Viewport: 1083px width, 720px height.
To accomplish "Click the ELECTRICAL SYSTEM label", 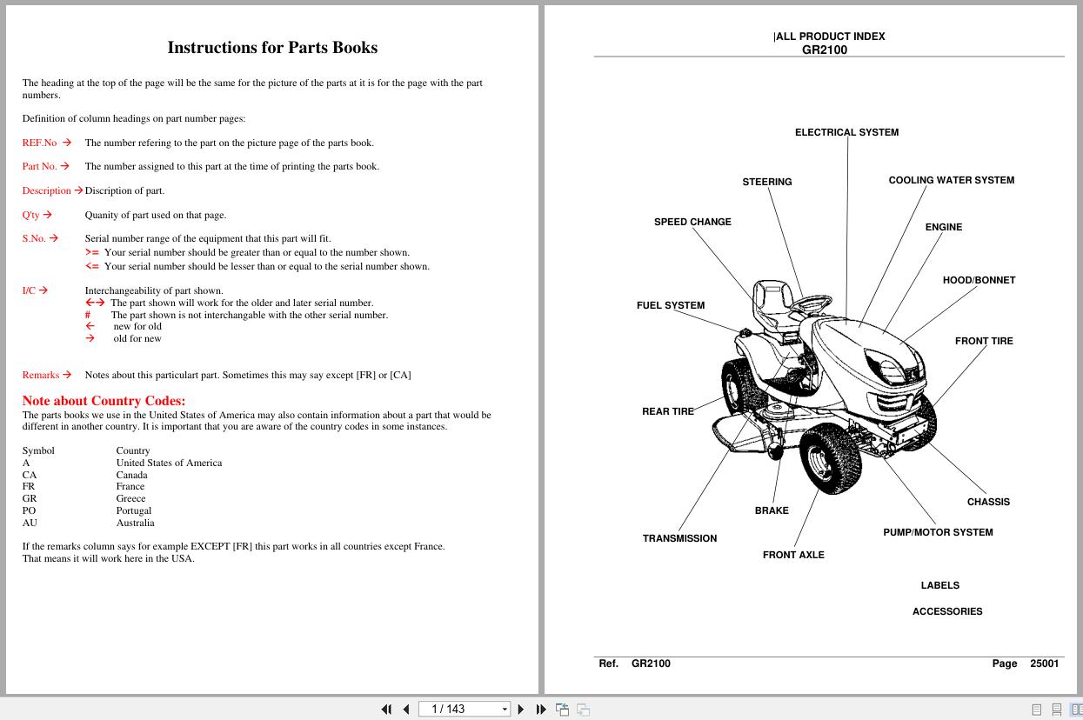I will [846, 132].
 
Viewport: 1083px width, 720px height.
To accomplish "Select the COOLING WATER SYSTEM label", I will [951, 180].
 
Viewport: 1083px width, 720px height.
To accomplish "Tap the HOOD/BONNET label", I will [979, 280].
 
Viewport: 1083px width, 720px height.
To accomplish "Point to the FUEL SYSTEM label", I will [671, 305].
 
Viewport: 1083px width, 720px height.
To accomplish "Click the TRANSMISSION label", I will [679, 538].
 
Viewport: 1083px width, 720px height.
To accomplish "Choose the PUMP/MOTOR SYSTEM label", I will [938, 532].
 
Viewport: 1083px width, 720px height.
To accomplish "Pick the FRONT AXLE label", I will [793, 555].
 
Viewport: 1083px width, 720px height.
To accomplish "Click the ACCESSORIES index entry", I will [947, 611].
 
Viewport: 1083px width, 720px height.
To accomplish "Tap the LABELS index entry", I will [940, 585].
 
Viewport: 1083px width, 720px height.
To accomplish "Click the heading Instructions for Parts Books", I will [272, 48].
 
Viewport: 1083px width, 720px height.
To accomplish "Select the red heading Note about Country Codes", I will [104, 401].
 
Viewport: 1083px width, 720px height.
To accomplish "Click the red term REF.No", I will [39, 143].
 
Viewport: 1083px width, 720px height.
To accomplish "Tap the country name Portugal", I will [134, 510].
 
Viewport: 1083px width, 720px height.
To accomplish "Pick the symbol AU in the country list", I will [30, 523].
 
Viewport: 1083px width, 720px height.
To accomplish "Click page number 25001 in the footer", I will [1044, 663].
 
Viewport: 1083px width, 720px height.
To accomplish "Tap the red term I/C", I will [29, 290].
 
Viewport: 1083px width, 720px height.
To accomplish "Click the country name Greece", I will [130, 498].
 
